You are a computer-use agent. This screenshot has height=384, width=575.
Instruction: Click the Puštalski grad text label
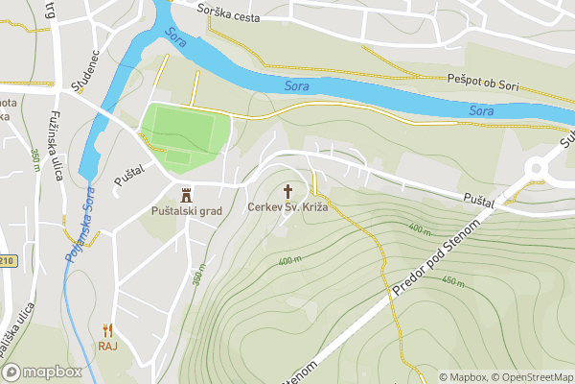tap(187, 209)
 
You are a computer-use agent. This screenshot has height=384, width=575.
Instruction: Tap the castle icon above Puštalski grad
tap(186, 192)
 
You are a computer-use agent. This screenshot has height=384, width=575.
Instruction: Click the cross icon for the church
tap(287, 190)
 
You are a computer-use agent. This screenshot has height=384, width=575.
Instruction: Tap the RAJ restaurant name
tap(106, 347)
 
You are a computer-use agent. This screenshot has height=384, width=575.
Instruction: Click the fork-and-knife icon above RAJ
tap(106, 329)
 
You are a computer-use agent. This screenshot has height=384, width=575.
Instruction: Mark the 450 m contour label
tap(451, 283)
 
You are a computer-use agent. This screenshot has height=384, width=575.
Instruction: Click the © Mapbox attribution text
tap(463, 377)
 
